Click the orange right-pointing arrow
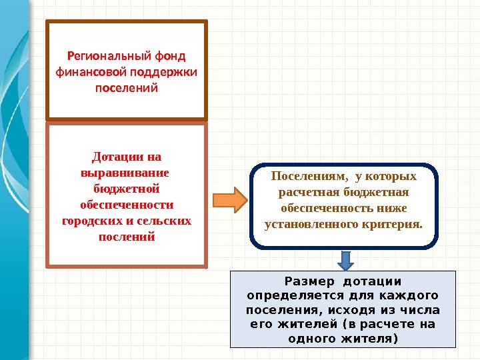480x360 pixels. click(x=229, y=200)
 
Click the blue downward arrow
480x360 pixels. click(x=346, y=259)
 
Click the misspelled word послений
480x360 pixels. click(x=126, y=236)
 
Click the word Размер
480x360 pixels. click(x=306, y=281)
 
